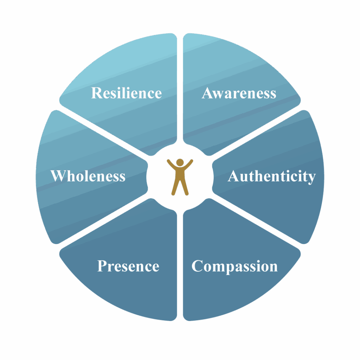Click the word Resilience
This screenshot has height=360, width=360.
126,93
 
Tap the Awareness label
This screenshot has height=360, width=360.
239,93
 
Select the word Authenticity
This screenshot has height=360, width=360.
271,176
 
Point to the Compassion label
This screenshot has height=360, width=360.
234,266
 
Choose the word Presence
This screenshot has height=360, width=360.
128,266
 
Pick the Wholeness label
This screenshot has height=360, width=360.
88,176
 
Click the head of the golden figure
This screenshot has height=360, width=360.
180,162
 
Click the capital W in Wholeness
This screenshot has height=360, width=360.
57,176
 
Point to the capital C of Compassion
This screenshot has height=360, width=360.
197,266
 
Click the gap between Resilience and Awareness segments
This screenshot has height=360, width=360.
180,88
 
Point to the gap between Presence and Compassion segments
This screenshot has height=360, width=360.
180,267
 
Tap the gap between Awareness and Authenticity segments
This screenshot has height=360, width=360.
258,131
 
